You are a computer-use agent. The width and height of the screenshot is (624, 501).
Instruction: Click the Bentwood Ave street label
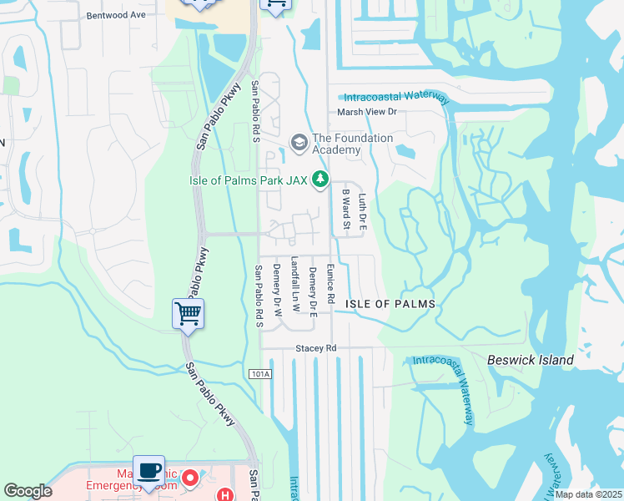click(x=116, y=15)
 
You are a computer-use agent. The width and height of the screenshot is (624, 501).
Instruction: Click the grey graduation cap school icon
click(x=299, y=139)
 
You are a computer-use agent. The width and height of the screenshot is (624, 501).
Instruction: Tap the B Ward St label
click(x=345, y=210)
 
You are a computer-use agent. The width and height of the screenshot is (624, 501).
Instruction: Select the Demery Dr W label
click(x=276, y=286)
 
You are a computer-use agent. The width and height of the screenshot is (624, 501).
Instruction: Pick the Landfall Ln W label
click(x=294, y=284)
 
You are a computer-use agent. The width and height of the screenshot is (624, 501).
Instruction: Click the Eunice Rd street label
click(x=330, y=284)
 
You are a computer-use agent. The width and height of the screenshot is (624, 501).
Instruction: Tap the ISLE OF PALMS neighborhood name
click(x=390, y=305)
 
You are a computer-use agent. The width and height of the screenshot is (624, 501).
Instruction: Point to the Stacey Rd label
click(x=315, y=347)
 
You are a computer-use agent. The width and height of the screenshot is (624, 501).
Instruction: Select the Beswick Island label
click(x=531, y=360)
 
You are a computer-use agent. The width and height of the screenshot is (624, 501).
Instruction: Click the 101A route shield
click(x=260, y=374)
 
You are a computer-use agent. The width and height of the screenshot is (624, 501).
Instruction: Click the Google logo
click(x=28, y=491)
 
